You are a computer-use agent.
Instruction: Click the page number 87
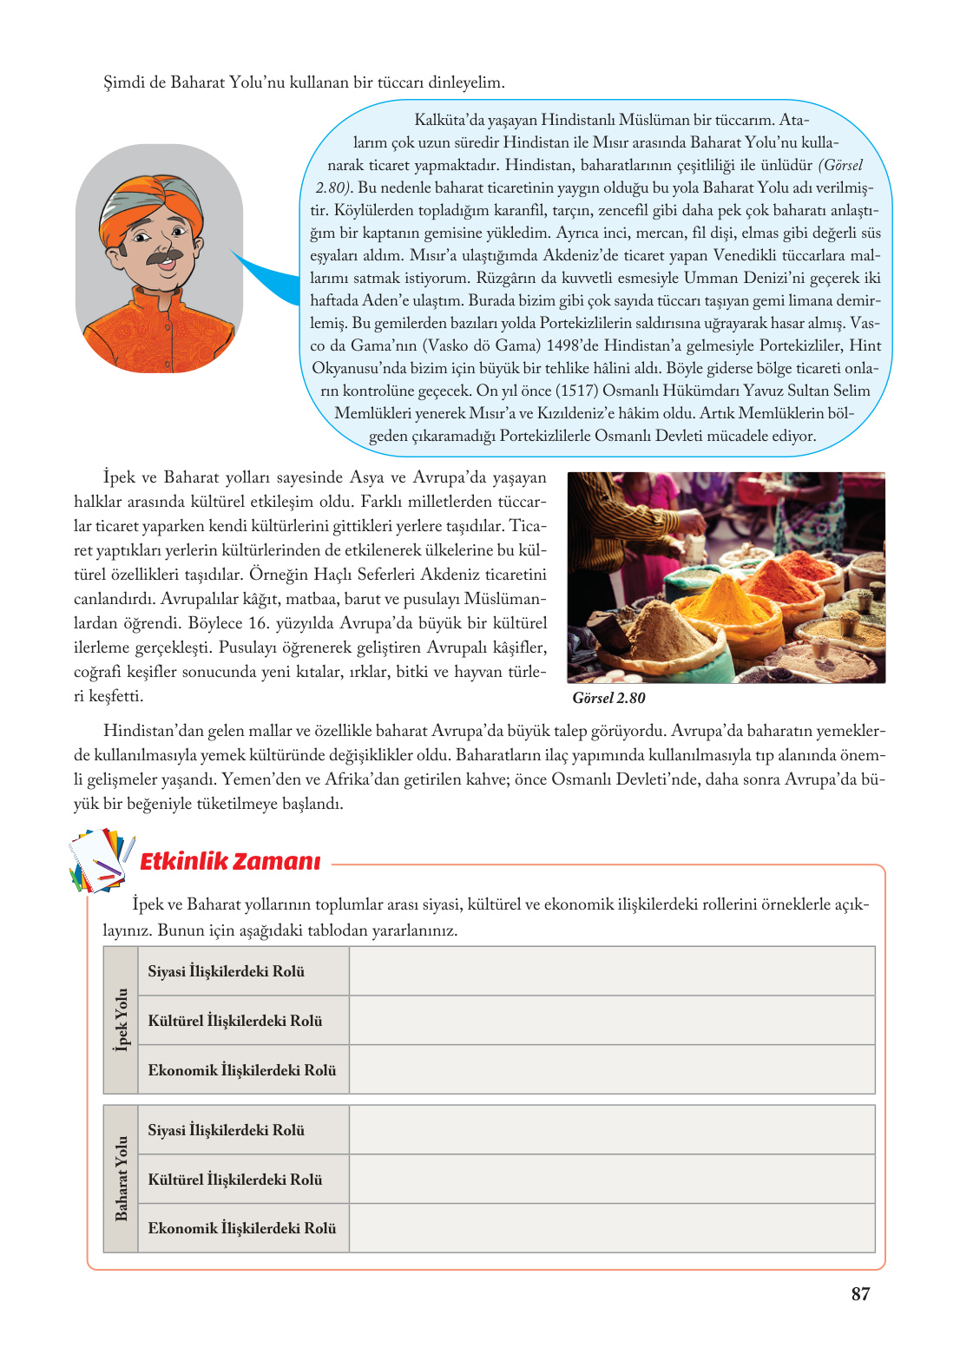860,1294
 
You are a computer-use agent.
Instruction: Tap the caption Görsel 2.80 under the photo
608,698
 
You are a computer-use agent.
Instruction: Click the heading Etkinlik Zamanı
230,861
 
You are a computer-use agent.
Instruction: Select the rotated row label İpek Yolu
121,1020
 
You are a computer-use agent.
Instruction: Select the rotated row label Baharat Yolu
121,1179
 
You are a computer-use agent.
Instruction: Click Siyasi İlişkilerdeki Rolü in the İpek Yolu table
226,971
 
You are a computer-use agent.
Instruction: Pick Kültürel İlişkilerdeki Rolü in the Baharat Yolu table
234,1180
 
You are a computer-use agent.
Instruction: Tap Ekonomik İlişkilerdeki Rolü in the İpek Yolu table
241,1070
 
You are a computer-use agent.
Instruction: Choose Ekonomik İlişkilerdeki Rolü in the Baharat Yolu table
241,1228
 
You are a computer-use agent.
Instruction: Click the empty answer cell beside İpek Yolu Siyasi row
611,971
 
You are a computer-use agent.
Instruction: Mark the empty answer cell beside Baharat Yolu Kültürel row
611,1180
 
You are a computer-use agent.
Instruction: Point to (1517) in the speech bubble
576,391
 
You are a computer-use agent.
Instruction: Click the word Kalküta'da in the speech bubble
450,120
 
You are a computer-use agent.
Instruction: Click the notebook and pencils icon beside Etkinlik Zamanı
101,859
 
